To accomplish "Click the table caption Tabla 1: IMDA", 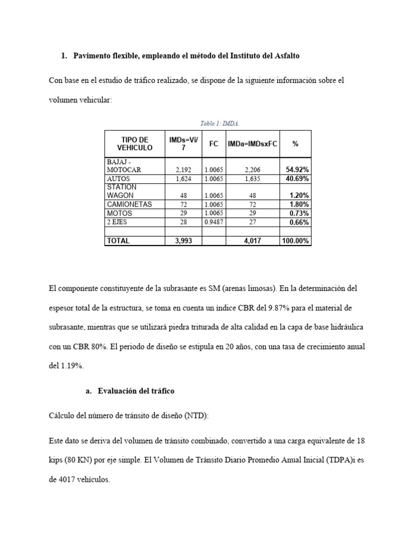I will coord(208,124).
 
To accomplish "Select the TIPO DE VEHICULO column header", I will coord(135,144).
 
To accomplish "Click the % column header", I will coord(295,144).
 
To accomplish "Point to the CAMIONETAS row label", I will coord(129,204).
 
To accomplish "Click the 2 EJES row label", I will coord(117,221).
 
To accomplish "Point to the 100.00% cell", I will coord(296,241).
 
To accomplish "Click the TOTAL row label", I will coord(119,241).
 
